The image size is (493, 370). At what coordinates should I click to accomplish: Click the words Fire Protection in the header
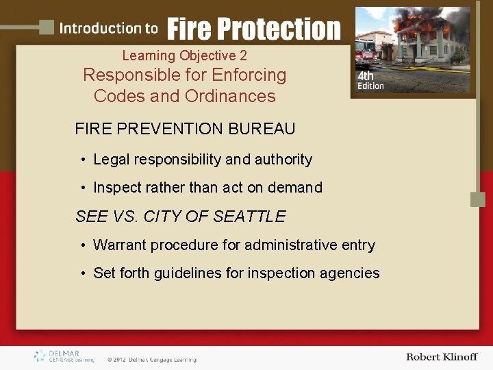253,29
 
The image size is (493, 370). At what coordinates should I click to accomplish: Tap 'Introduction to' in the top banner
108,28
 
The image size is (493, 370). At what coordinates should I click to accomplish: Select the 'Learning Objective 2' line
184,56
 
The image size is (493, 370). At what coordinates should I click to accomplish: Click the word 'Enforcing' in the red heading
249,75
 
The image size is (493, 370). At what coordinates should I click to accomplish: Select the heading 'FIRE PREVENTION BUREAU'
185,129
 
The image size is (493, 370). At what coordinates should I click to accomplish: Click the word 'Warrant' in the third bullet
119,245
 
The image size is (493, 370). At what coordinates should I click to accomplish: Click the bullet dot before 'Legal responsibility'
82,160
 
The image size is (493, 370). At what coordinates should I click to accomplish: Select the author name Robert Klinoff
441,356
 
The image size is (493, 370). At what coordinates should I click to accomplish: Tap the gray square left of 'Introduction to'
47,27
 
